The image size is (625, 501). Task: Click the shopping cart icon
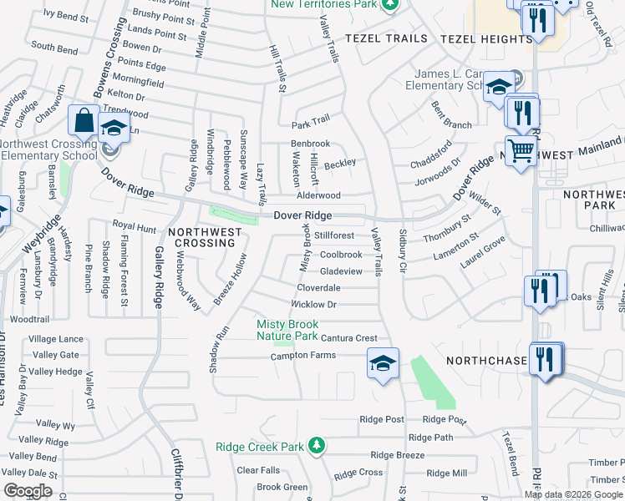[x=521, y=151]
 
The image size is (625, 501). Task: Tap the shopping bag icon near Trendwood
[x=84, y=120]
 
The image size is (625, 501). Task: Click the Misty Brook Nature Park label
[x=287, y=330]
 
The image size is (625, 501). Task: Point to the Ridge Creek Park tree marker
[x=316, y=445]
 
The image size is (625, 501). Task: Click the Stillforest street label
[x=335, y=235]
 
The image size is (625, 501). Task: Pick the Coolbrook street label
[x=341, y=255]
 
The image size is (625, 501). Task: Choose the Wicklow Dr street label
[x=313, y=305]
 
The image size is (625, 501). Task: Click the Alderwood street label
[x=319, y=195]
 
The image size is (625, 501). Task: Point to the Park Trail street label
[x=311, y=124]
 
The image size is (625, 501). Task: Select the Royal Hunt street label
[x=135, y=226]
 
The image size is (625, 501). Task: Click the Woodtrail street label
[x=30, y=319]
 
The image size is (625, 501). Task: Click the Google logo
[x=28, y=491]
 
